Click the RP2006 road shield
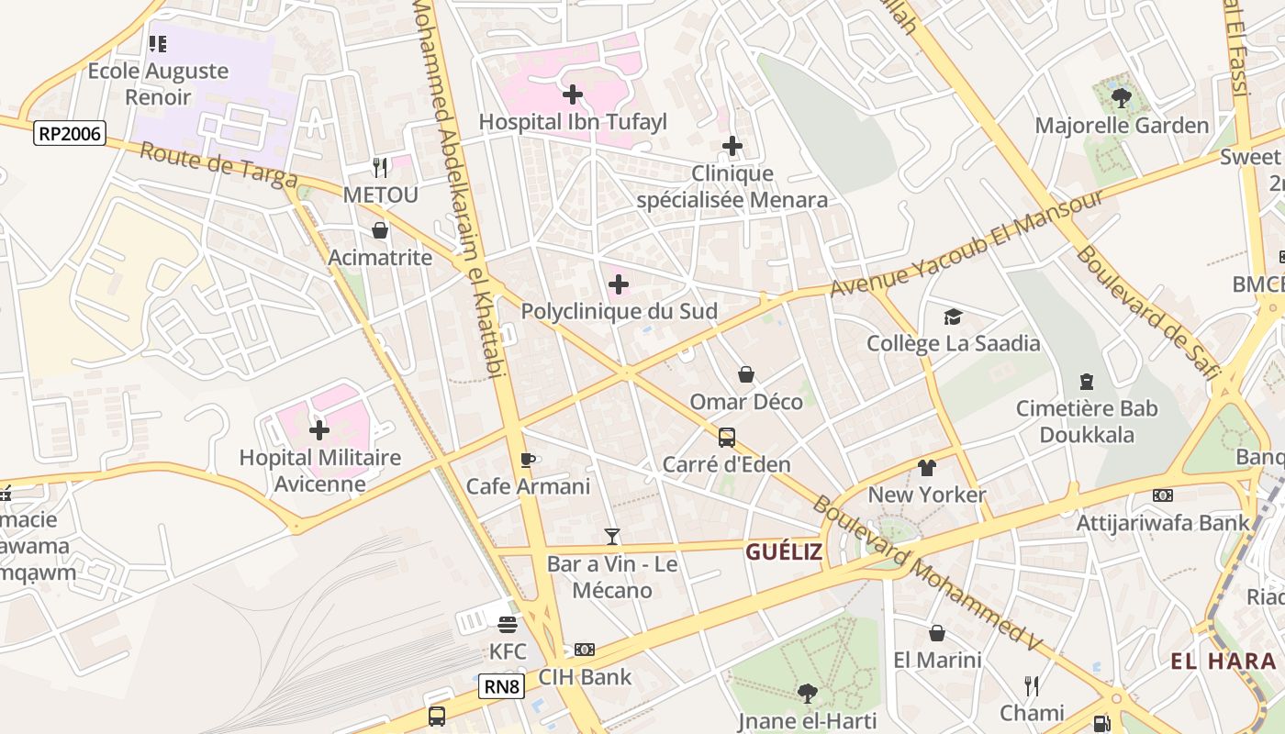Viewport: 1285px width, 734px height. [x=70, y=134]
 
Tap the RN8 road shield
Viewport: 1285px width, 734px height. [x=501, y=686]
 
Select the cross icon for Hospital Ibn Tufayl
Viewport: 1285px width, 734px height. [x=573, y=94]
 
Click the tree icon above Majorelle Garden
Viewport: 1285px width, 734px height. [x=1121, y=97]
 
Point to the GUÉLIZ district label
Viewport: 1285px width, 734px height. [x=783, y=551]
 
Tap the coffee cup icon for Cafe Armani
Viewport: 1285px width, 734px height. [x=528, y=460]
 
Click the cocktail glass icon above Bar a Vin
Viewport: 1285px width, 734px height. [x=612, y=537]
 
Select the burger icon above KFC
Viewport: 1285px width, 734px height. [x=508, y=625]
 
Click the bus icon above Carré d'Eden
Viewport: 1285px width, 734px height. [x=726, y=438]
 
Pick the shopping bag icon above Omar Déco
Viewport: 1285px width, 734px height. [x=746, y=374]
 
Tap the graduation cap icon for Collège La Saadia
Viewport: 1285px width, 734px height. [x=953, y=317]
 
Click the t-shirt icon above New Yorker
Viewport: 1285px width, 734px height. [x=926, y=468]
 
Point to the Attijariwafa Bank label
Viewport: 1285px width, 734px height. [x=1163, y=522]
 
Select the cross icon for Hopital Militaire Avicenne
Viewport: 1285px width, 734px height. [x=319, y=429]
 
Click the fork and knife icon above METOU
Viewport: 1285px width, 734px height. [x=380, y=167]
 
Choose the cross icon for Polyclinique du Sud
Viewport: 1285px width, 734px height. [x=619, y=284]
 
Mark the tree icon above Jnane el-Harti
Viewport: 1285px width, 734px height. [x=807, y=693]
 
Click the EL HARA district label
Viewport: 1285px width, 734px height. [x=1224, y=661]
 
